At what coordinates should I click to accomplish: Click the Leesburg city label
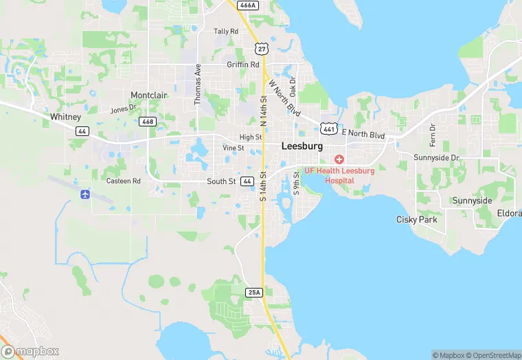(302, 146)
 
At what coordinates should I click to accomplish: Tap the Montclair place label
(150, 95)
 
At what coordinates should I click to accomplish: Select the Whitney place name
(66, 117)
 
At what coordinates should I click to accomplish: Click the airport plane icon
(85, 194)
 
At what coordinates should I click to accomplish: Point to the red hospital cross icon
(339, 159)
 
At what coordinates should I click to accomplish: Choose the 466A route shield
(247, 5)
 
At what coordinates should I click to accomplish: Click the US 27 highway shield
(260, 48)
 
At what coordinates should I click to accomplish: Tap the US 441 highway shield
(328, 128)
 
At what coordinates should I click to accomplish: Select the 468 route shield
(148, 122)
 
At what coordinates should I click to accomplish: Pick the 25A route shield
(253, 292)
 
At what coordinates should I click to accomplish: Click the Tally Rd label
(226, 32)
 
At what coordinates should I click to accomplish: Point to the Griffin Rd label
(243, 65)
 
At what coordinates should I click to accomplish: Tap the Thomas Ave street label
(198, 85)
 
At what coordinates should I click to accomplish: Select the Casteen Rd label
(123, 181)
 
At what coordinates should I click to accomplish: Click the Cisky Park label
(417, 220)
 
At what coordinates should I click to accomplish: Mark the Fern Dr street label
(433, 135)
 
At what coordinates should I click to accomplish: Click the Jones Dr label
(124, 109)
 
